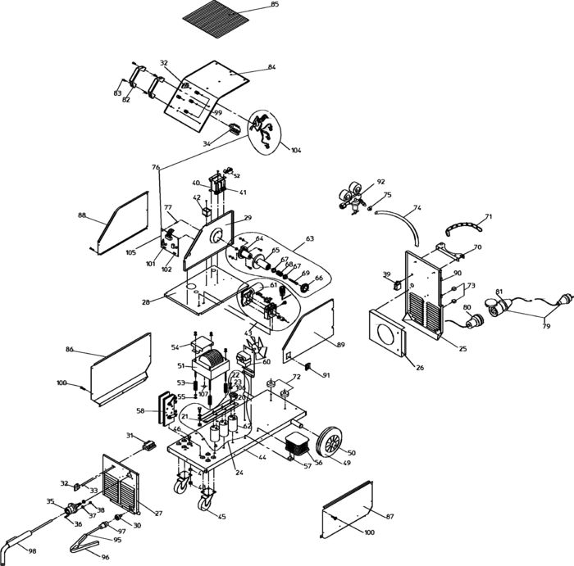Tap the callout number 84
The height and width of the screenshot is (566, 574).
tap(271, 66)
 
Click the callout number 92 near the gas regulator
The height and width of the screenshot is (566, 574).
tap(380, 181)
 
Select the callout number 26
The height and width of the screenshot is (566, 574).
tap(420, 368)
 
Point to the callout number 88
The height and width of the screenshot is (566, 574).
tap(82, 215)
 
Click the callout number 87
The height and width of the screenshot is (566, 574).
tap(390, 516)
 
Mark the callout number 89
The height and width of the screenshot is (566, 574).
tap(339, 345)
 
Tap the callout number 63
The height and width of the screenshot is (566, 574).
tap(310, 239)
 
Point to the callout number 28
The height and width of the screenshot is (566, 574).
tap(146, 302)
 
